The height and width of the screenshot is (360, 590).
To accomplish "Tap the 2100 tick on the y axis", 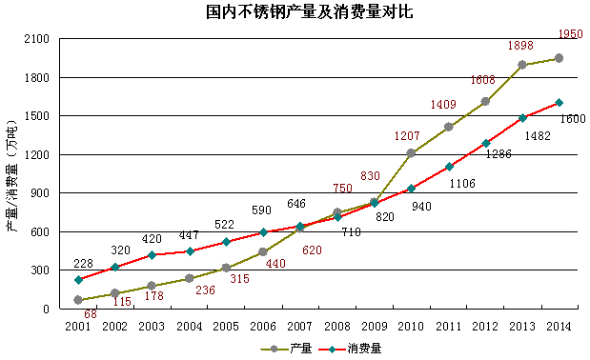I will click(35, 39).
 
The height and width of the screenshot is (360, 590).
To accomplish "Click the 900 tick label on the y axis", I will click(38, 193).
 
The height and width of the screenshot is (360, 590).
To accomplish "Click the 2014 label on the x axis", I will click(559, 326).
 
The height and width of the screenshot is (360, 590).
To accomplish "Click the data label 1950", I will click(570, 34).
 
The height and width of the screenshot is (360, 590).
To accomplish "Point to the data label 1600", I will click(573, 119).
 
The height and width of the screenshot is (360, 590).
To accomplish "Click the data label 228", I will click(83, 264).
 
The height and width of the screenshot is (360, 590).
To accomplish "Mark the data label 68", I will click(90, 314).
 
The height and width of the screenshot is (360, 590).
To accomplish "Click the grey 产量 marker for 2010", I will click(411, 153).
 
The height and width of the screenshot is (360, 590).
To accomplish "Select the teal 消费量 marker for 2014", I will click(559, 103).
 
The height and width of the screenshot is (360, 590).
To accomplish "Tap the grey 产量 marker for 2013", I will click(521, 65).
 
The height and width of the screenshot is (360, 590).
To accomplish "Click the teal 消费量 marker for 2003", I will click(152, 254).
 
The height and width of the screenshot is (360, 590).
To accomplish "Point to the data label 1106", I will click(463, 183).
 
